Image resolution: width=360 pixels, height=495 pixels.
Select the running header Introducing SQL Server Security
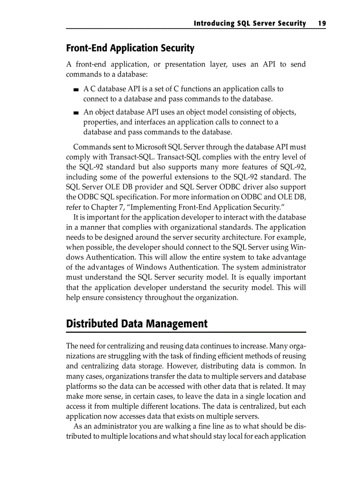(x=250, y=23)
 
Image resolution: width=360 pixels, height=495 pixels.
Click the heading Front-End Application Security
(x=130, y=48)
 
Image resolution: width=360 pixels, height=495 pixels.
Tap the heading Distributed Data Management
(x=137, y=324)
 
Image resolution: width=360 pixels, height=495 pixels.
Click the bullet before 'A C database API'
(x=77, y=89)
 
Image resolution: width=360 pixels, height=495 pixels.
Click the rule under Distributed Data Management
(x=186, y=332)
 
